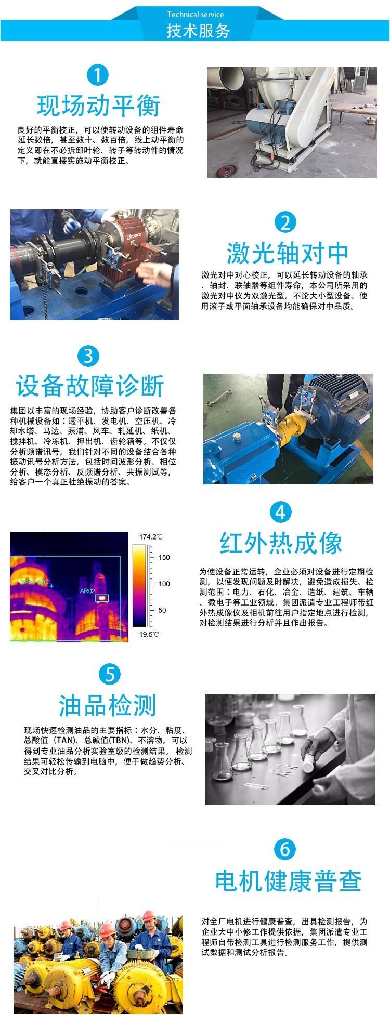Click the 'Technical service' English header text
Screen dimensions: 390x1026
point(196,15)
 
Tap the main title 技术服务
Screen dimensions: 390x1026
point(198,31)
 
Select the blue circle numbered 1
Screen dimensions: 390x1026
point(97,75)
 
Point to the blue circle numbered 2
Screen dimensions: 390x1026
point(285,222)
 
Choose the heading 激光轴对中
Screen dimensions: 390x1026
point(288,254)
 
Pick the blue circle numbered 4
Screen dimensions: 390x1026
point(280,512)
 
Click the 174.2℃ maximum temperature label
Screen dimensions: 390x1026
point(151,537)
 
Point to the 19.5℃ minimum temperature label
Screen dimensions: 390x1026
point(149,634)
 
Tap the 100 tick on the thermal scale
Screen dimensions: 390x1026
point(164,584)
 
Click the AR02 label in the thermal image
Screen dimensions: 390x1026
point(87,590)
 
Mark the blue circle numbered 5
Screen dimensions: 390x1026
point(110,675)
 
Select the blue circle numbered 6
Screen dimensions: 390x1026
point(285,849)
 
